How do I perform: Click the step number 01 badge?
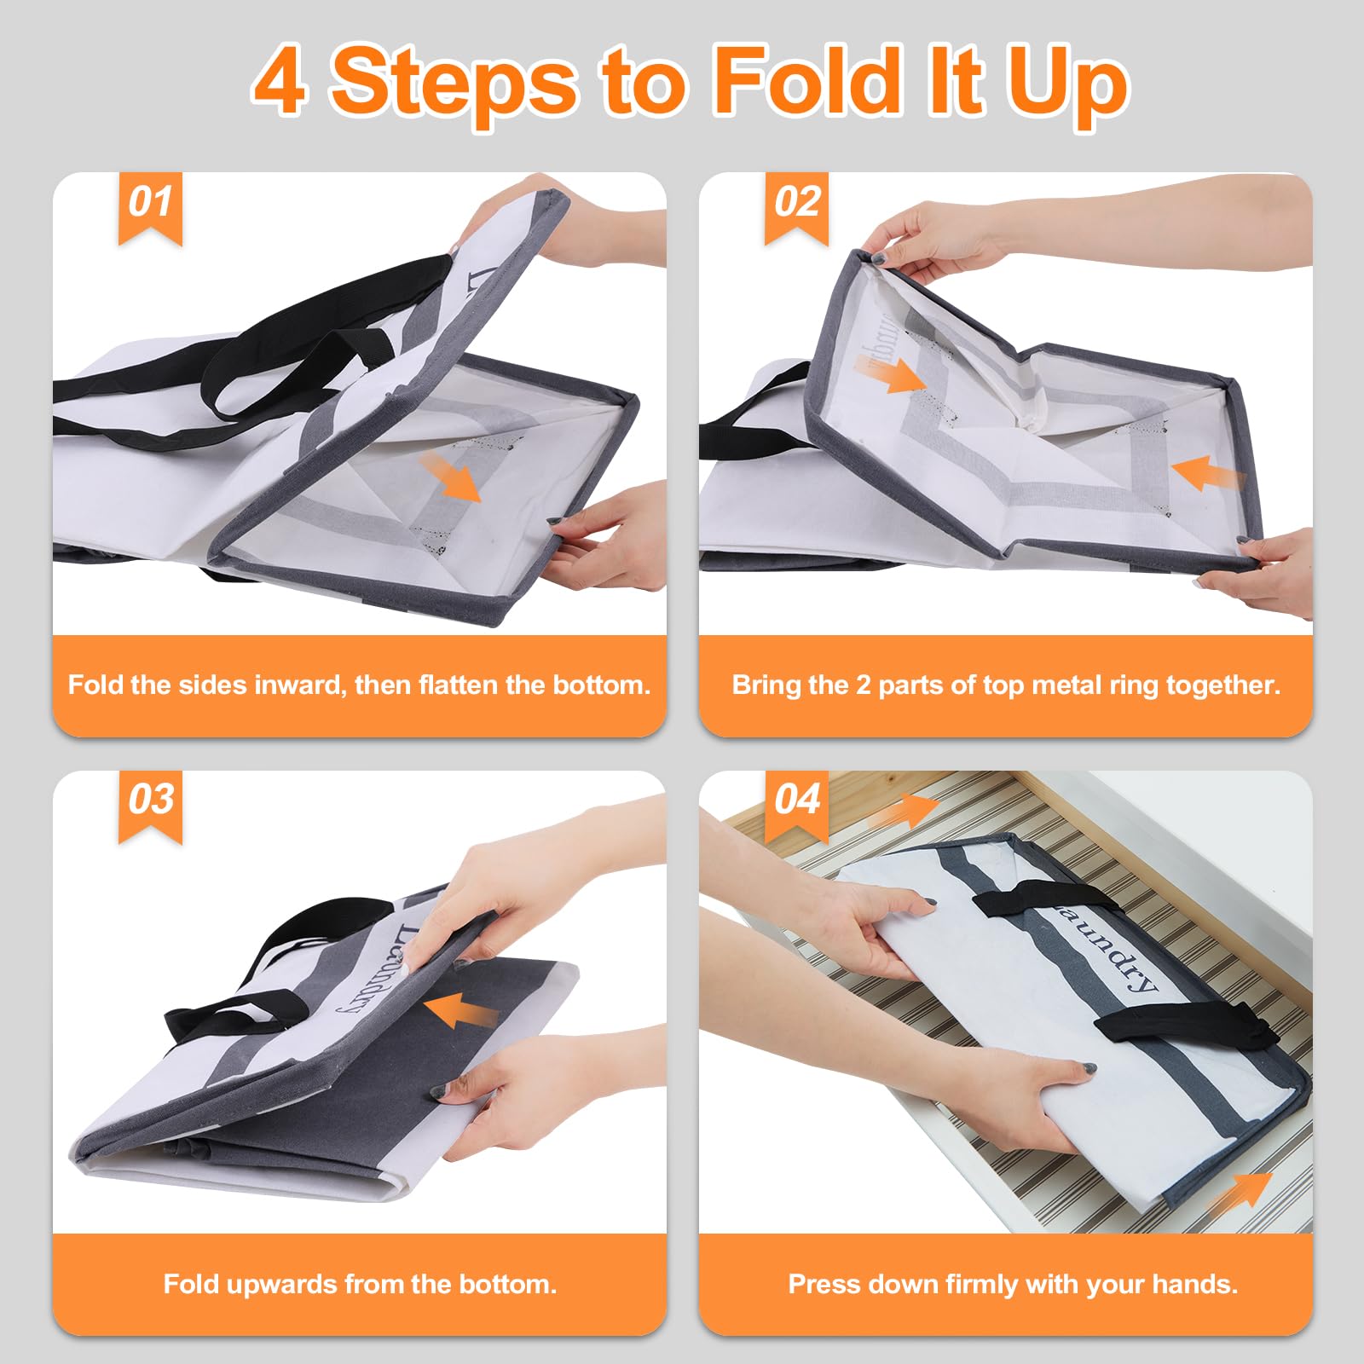pos(150,207)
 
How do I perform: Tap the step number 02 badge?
pos(796,207)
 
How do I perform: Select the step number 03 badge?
pos(150,806)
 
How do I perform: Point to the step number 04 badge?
pos(796,806)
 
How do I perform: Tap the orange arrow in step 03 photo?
pos(460,1011)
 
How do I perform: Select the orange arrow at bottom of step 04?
pos(1240,1190)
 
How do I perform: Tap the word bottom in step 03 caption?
pos(508,1283)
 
